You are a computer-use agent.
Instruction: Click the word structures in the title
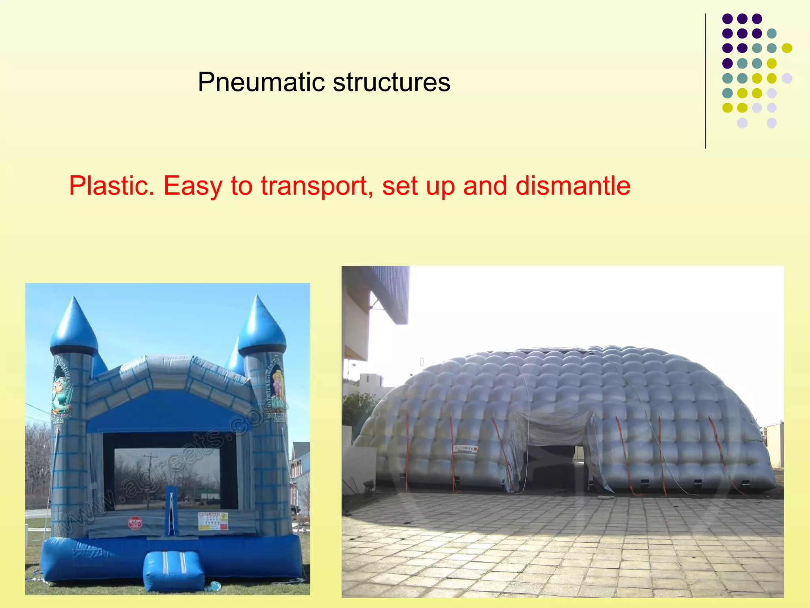391,82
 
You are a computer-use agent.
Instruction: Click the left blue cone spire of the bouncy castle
74,325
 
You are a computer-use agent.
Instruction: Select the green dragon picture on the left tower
61,394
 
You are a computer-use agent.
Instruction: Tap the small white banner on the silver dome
466,448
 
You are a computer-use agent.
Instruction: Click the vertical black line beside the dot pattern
705,81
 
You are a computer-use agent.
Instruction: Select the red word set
399,186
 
